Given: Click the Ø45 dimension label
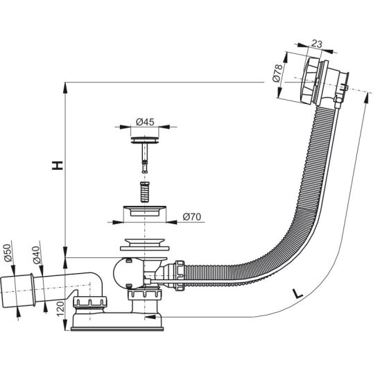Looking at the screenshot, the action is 145,122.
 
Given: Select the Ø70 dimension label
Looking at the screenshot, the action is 192,216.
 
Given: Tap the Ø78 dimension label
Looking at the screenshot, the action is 278,73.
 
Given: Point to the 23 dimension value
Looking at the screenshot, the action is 317,44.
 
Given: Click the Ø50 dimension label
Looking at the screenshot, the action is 8,253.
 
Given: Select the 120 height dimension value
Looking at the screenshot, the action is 60,309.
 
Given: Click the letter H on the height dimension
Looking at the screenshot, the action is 58,165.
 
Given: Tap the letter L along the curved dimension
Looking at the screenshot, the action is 297,293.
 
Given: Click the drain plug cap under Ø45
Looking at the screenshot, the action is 145,140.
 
